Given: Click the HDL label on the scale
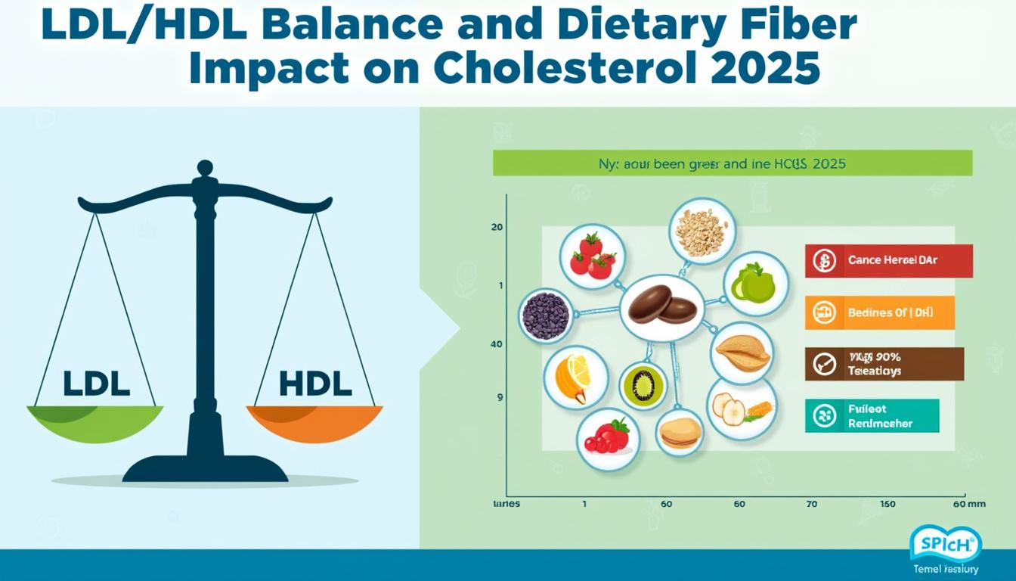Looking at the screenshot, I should tap(314, 384).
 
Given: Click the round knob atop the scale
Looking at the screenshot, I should tap(205, 168).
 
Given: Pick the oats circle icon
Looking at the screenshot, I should tap(702, 231).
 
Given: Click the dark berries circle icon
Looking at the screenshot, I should tap(547, 315).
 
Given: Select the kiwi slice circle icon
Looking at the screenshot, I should tap(643, 385).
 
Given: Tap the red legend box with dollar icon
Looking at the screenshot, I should tap(888, 260).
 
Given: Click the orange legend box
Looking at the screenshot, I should tap(879, 312).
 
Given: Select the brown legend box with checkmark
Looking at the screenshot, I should tap(884, 364).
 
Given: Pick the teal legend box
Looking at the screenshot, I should tap(872, 416).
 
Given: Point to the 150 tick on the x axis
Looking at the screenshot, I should tap(887, 503).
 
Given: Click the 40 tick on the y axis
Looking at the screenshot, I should tap(497, 344).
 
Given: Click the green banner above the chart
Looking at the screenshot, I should tap(732, 163).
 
